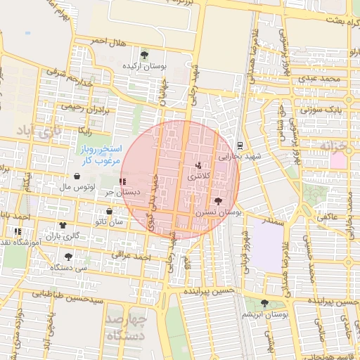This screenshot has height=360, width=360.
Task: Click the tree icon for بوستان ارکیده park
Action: (144, 54)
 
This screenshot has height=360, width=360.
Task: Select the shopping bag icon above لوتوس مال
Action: (76, 176)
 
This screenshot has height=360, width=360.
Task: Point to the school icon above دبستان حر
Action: (123, 181)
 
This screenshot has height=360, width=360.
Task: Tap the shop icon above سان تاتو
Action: (109, 211)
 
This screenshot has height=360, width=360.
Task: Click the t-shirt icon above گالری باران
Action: (63, 226)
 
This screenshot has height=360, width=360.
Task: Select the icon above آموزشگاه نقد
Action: (18, 231)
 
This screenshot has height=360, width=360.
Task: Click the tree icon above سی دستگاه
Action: (68, 256)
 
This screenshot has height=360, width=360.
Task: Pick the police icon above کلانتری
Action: (198, 165)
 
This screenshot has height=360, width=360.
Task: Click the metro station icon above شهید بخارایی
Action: (240, 146)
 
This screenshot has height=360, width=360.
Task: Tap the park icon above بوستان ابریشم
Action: (264, 303)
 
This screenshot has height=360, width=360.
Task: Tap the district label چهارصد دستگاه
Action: (126, 329)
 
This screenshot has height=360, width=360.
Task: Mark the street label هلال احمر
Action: (109, 42)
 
